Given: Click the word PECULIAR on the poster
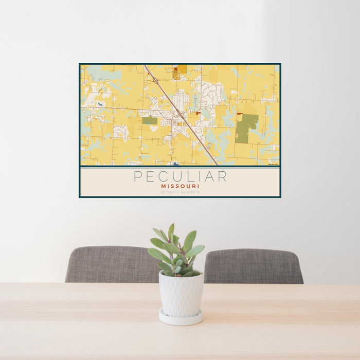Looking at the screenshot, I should [180, 176].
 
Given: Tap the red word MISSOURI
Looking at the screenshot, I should [180, 186].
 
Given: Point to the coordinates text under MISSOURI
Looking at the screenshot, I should [180, 192].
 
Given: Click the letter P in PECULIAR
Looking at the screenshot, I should [137, 176].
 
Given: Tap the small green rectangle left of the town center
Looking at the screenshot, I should [150, 120].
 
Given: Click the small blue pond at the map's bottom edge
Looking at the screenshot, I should [176, 164].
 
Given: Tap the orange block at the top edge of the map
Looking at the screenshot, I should [182, 69].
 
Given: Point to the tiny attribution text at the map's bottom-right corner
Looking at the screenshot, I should [274, 164].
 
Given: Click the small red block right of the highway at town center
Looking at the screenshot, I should [198, 113].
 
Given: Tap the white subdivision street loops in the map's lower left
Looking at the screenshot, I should [121, 132].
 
